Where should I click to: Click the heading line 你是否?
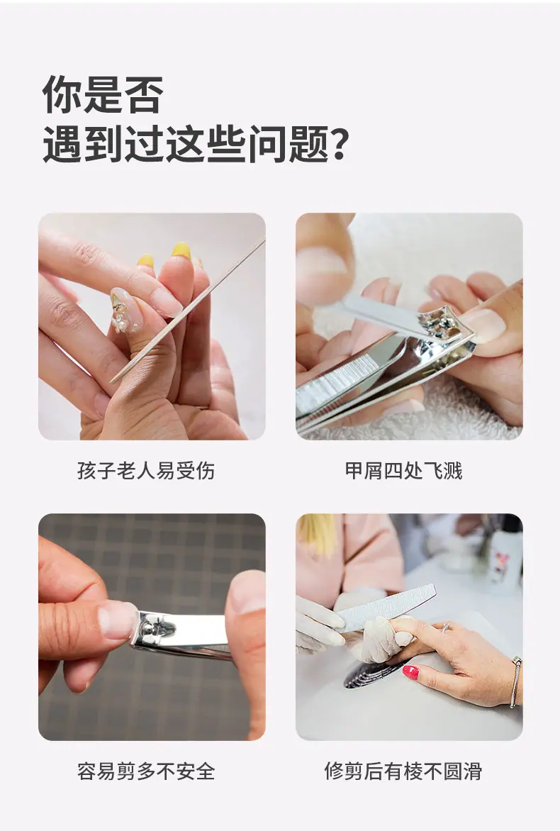pyautogui.click(x=103, y=94)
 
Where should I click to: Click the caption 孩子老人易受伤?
pyautogui.click(x=146, y=471)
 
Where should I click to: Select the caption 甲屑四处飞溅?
pyautogui.click(x=404, y=471)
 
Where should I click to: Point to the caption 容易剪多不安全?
pyautogui.click(x=146, y=771)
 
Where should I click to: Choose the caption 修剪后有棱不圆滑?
pyautogui.click(x=404, y=771)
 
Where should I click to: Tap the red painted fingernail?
pyautogui.click(x=410, y=673)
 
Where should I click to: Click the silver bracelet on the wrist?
pyautogui.click(x=515, y=681)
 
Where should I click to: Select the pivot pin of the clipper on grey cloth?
pyautogui.click(x=158, y=628)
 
